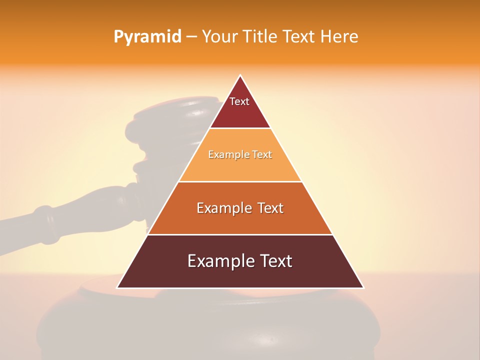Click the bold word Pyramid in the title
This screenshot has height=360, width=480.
[x=147, y=37]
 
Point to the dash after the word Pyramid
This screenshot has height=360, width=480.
[x=191, y=37]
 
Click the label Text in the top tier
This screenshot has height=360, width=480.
[x=239, y=101]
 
